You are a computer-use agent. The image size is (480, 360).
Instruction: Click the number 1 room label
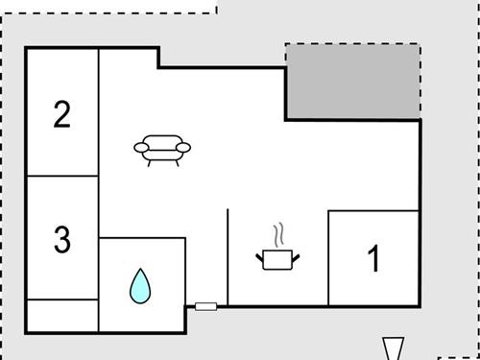(x=374, y=259)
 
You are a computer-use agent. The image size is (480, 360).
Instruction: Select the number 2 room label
(x=62, y=115)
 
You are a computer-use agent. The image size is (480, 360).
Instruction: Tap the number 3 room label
(x=62, y=239)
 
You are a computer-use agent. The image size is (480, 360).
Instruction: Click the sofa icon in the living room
(x=162, y=148)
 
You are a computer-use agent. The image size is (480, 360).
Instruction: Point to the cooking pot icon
(x=277, y=258)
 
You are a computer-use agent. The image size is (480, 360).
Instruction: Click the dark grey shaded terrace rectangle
(x=352, y=81)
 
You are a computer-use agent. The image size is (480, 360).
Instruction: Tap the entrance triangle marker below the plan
(x=394, y=348)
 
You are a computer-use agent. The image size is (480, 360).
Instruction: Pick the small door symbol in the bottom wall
(x=205, y=306)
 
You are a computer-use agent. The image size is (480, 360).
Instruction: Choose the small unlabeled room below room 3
(x=62, y=315)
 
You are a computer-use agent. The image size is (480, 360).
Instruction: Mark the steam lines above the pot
(x=278, y=235)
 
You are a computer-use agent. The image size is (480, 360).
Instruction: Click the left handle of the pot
(x=259, y=254)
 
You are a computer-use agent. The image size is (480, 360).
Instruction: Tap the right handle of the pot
(x=297, y=254)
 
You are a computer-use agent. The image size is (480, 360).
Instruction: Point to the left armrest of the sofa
(x=140, y=147)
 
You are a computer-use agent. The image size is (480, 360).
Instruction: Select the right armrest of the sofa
(x=184, y=147)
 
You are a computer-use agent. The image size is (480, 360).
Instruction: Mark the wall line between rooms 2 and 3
(x=62, y=176)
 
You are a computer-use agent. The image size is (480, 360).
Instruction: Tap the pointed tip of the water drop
(x=141, y=270)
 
